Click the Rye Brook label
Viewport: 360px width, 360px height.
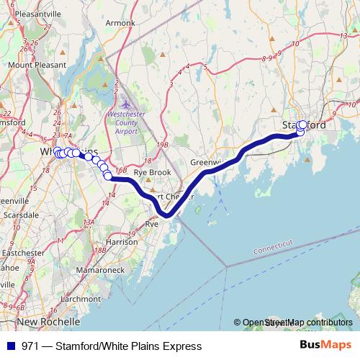click(x=152, y=173)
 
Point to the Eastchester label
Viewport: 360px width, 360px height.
click(x=22, y=253)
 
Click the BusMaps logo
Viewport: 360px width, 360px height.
click(x=328, y=346)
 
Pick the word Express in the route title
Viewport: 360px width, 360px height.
click(x=183, y=346)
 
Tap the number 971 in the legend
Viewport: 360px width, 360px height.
click(x=30, y=346)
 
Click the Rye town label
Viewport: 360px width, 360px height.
click(x=151, y=225)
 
